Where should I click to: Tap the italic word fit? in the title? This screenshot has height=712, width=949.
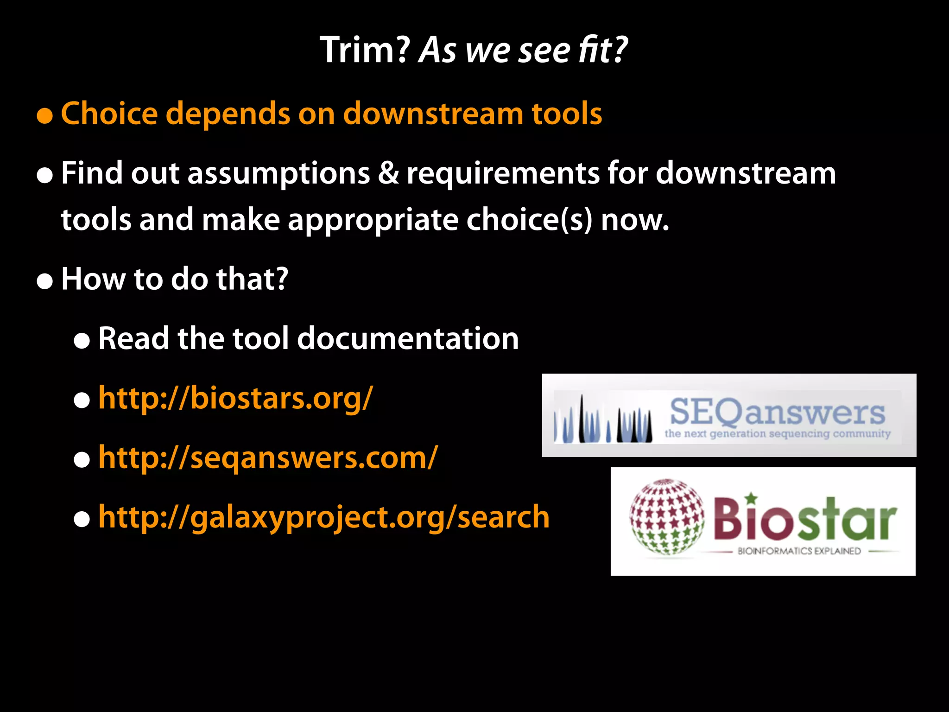click(602, 50)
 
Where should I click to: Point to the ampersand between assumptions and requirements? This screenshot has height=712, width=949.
click(388, 173)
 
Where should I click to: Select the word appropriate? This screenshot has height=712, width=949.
click(373, 221)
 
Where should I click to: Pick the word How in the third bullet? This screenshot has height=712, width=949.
click(93, 279)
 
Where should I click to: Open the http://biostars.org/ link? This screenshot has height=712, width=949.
click(235, 398)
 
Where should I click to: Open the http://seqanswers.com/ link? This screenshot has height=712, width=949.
click(268, 458)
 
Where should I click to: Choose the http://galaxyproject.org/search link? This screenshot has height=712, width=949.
click(324, 517)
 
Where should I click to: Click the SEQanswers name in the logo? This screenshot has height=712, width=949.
click(777, 412)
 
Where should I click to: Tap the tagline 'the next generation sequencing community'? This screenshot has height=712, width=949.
click(777, 434)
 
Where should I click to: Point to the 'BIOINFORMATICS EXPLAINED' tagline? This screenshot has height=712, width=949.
click(799, 551)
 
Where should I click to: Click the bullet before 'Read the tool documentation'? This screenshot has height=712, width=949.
click(82, 341)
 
